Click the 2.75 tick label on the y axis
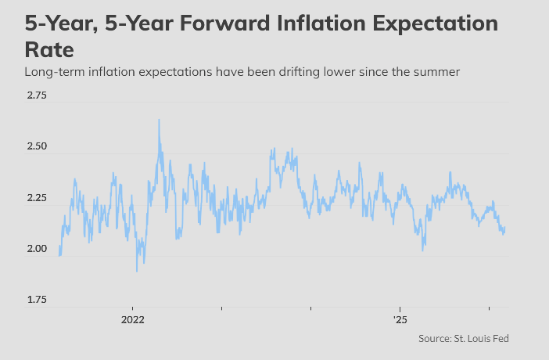click(x=36, y=96)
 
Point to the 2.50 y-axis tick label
click(x=36, y=147)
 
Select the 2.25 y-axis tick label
click(x=36, y=199)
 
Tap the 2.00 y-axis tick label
click(x=36, y=249)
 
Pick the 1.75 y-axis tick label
click(x=36, y=300)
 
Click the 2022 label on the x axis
click(x=132, y=320)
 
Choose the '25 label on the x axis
click(x=400, y=320)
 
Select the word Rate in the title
click(x=49, y=51)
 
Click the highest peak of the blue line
click(x=159, y=120)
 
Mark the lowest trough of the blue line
click(x=137, y=272)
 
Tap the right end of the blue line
click(x=505, y=228)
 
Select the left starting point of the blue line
click(x=59, y=255)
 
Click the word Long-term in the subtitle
click(x=52, y=73)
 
